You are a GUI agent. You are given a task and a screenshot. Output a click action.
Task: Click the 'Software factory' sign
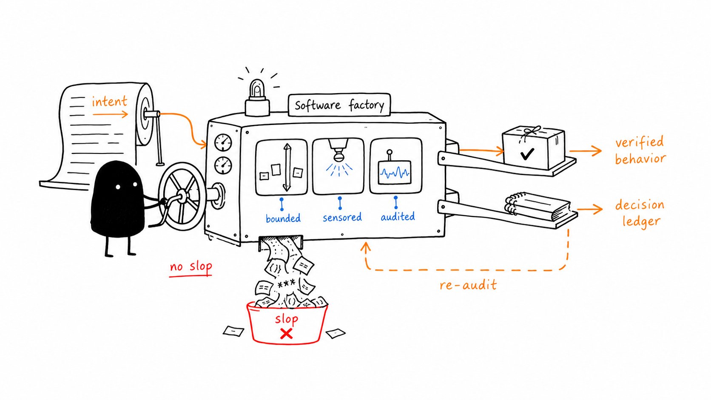(x=339, y=105)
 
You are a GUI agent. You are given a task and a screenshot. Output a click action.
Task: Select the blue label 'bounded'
(x=283, y=218)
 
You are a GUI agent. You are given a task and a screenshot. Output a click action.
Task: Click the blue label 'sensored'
(x=342, y=217)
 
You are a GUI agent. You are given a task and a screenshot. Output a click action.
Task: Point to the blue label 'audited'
(x=398, y=217)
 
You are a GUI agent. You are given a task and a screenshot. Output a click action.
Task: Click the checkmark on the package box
(x=527, y=154)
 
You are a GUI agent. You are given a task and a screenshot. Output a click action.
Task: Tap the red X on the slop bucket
(x=286, y=334)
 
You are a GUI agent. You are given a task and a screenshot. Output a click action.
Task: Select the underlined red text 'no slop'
(x=191, y=267)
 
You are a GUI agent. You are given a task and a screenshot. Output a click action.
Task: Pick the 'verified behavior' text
(x=640, y=150)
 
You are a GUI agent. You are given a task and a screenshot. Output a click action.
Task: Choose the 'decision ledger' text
(x=640, y=213)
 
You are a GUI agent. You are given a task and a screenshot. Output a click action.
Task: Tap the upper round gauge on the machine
(x=223, y=142)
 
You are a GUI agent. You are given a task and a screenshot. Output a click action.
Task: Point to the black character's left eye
(x=118, y=187)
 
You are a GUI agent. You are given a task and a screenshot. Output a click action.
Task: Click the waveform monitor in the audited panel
(x=395, y=173)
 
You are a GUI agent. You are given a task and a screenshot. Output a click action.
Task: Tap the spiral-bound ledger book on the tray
(x=538, y=206)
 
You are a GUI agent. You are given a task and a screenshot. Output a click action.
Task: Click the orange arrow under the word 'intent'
(x=111, y=114)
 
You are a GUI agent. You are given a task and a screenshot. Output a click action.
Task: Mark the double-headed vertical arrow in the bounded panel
(x=287, y=167)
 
